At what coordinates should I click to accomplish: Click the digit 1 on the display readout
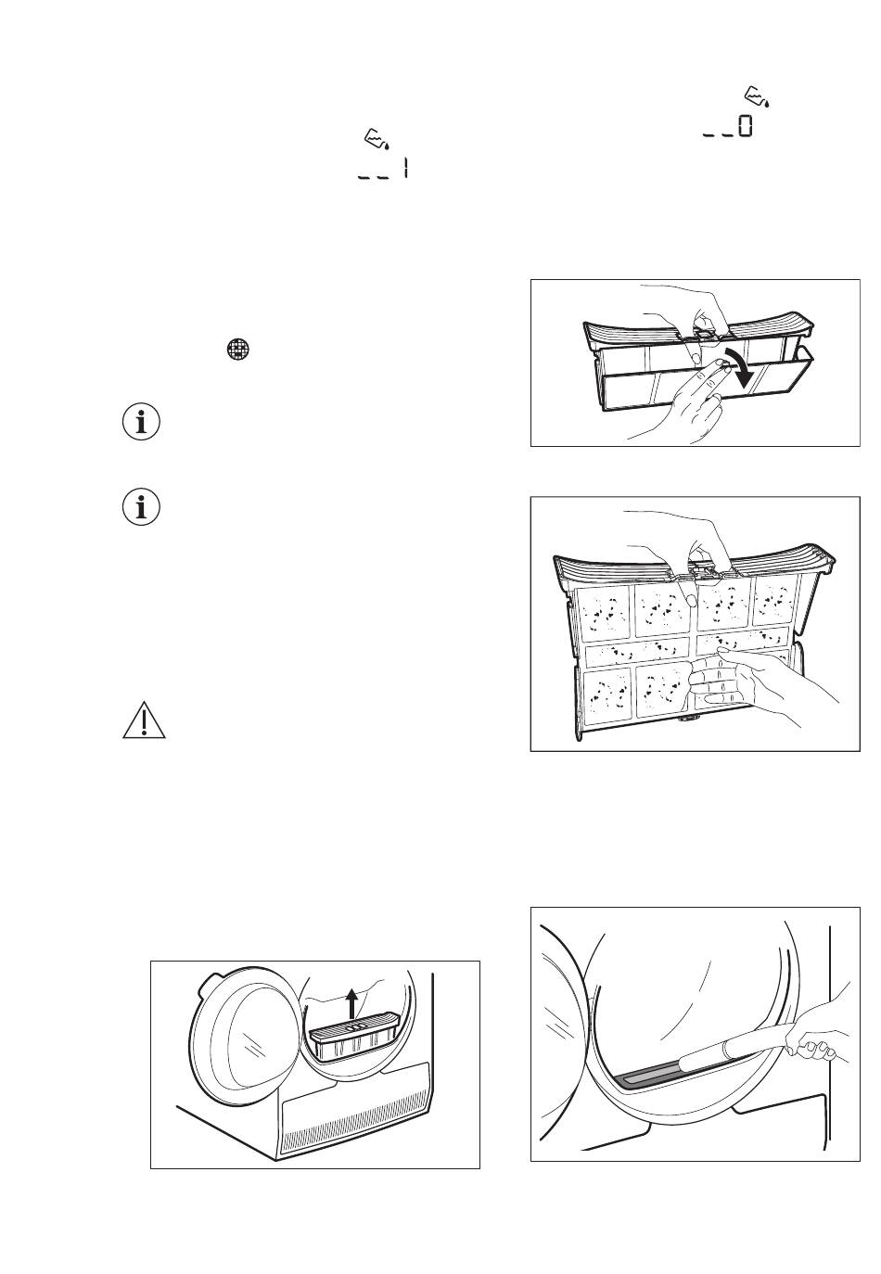(405, 169)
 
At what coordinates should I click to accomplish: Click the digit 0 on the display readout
(745, 126)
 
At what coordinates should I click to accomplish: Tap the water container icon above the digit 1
(377, 139)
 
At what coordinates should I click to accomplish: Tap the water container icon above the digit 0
(758, 97)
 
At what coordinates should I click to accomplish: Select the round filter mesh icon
(238, 350)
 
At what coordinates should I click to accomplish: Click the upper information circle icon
(141, 423)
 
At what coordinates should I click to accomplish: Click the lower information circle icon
(141, 506)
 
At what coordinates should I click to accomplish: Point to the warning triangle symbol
(145, 720)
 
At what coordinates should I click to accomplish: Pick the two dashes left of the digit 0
(718, 134)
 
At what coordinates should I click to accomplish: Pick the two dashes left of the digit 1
(373, 177)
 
